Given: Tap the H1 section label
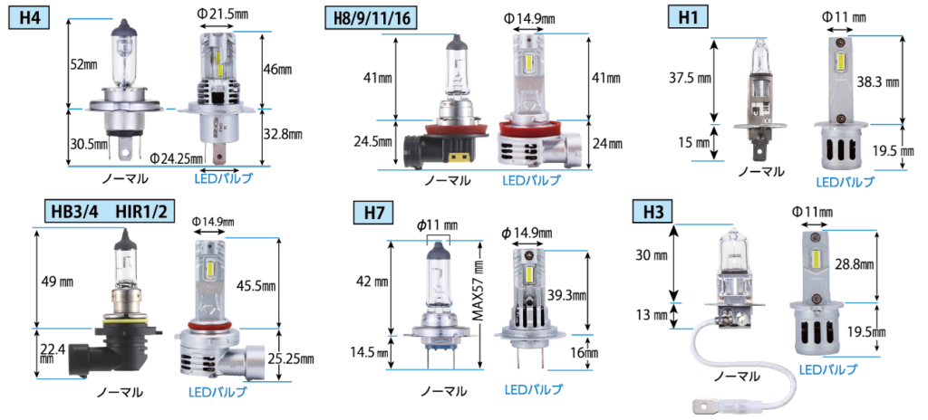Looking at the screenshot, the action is point(688,17).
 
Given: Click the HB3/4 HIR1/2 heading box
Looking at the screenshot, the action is point(110,211).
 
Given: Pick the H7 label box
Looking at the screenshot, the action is point(372,214).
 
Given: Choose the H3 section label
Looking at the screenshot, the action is point(652,213).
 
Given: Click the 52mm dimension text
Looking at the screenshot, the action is point(82,64).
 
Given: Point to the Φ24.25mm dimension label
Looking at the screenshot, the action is point(176,157).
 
